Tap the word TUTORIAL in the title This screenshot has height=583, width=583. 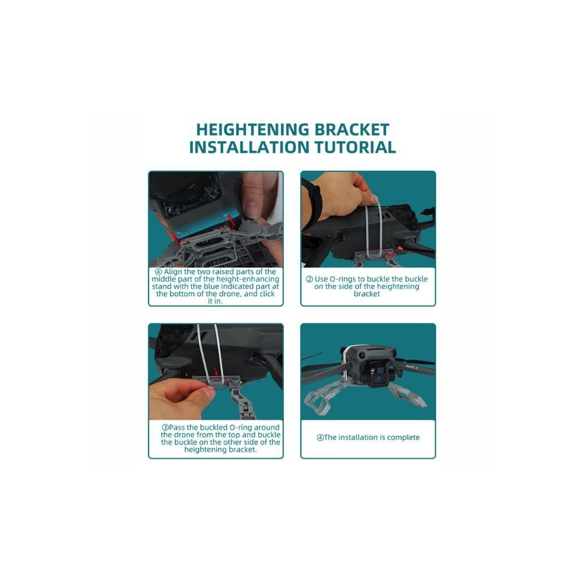[356, 147]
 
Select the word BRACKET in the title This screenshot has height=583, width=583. [352, 130]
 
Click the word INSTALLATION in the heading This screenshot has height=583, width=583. [250, 147]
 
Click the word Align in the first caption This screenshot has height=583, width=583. [173, 272]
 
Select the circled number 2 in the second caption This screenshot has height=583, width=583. [310, 279]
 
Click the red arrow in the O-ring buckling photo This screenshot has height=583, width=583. [391, 255]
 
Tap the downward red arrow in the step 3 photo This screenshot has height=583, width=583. [217, 370]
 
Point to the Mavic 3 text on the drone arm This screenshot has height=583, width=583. [412, 367]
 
